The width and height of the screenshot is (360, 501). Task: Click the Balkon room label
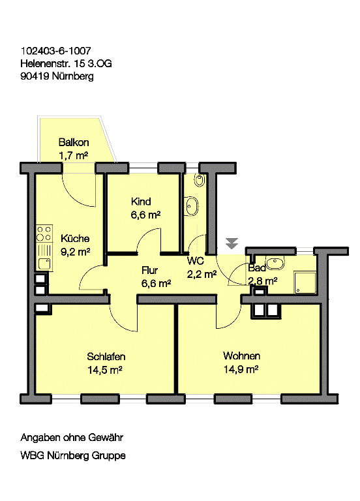click(74, 143)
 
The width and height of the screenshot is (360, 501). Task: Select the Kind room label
click(141, 201)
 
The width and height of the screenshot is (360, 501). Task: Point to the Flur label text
click(151, 269)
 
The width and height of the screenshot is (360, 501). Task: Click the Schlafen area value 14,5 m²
click(106, 369)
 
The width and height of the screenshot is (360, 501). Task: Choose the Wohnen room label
click(241, 356)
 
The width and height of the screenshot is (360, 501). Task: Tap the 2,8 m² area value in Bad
click(263, 281)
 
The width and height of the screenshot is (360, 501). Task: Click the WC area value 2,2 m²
click(202, 274)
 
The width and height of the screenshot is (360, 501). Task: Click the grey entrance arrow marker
click(232, 243)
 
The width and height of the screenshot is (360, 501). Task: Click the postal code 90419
click(34, 76)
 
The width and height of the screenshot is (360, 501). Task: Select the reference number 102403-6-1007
click(55, 50)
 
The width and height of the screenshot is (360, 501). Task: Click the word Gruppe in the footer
click(108, 455)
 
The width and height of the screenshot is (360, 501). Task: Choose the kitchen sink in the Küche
click(44, 263)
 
